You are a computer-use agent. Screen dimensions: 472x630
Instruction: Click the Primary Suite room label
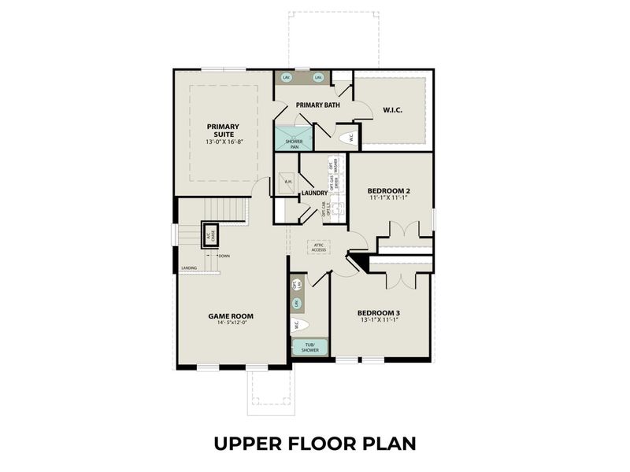(x=223, y=130)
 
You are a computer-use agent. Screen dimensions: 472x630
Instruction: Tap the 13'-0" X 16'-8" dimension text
(x=223, y=142)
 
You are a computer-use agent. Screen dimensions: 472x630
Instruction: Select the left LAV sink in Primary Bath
(x=286, y=78)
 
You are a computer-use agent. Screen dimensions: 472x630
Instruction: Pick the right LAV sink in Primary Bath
(x=319, y=78)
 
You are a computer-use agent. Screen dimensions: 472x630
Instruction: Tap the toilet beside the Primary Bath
(x=344, y=138)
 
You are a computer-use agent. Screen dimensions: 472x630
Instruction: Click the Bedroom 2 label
(x=389, y=191)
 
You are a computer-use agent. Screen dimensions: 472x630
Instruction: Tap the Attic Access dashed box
(x=320, y=247)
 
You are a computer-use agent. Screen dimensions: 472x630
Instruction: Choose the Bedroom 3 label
(x=379, y=311)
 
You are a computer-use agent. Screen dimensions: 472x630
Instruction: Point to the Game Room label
(x=231, y=316)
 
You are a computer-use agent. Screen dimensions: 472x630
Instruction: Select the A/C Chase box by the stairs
(x=209, y=235)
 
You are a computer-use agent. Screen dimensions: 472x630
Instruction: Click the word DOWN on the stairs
(x=224, y=256)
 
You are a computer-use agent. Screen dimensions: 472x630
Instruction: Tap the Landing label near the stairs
(x=189, y=268)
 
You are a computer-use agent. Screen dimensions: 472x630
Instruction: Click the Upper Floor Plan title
(x=314, y=443)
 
